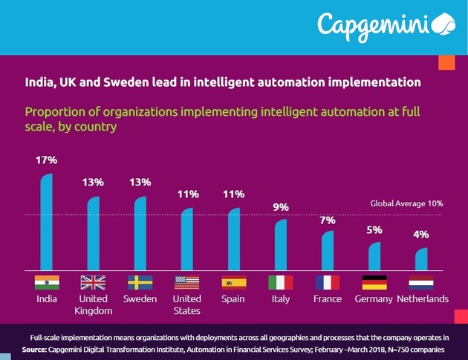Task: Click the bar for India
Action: (x=46, y=223)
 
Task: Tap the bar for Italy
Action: (x=280, y=245)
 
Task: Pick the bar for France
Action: (x=327, y=251)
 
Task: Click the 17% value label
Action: (x=46, y=160)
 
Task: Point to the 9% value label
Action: (x=281, y=207)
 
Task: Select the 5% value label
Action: (x=374, y=230)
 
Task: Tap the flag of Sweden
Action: (x=140, y=282)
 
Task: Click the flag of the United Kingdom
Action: (x=93, y=282)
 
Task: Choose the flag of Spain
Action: (x=233, y=282)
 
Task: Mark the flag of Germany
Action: (x=374, y=282)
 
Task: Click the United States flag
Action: (x=186, y=282)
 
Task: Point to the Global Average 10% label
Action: (x=406, y=203)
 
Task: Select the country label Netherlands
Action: (x=421, y=299)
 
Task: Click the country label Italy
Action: (x=280, y=299)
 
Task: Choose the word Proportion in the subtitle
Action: (x=54, y=112)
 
